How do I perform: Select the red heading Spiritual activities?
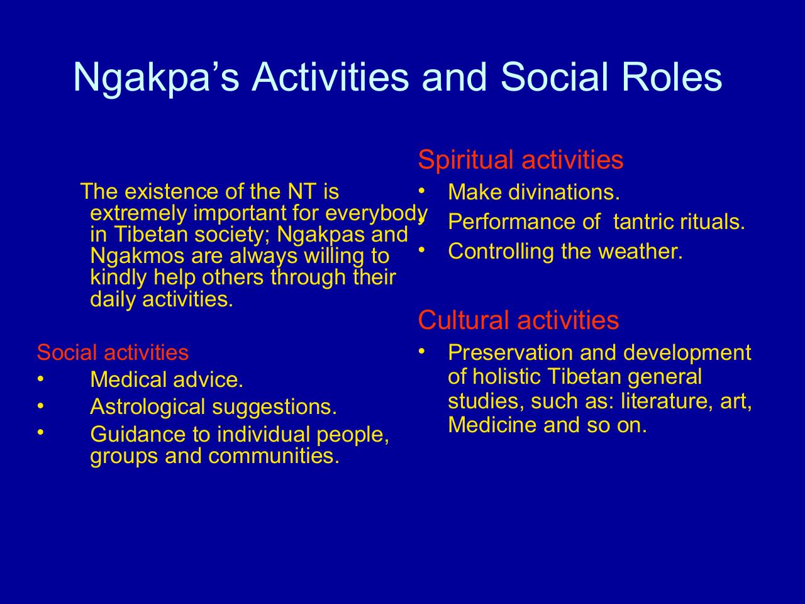pyautogui.click(x=520, y=160)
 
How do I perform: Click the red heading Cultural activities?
pyautogui.click(x=518, y=320)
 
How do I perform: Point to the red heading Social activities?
pyautogui.click(x=113, y=352)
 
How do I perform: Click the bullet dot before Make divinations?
pyautogui.click(x=422, y=191)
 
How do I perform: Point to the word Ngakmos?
pyautogui.click(x=137, y=255)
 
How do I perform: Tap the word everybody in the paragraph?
pyautogui.click(x=376, y=213)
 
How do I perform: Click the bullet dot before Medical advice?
pyautogui.click(x=40, y=378)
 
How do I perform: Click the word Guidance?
pyautogui.click(x=138, y=434)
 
